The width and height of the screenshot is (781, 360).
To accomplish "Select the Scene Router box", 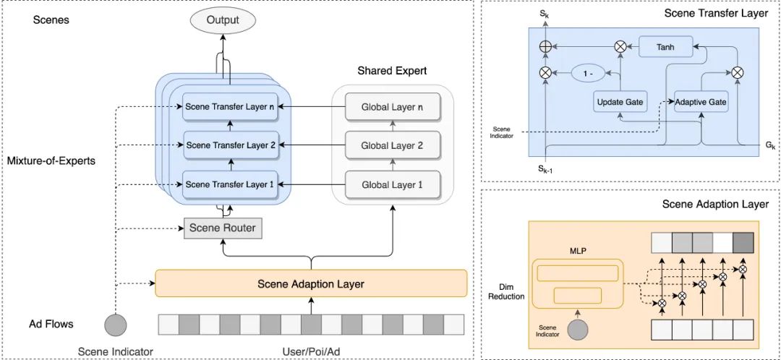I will click(x=222, y=228).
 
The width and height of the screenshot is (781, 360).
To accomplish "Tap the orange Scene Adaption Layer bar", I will click(x=311, y=283).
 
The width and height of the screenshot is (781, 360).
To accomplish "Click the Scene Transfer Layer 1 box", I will click(x=230, y=184).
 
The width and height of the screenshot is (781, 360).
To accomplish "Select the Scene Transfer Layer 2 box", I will click(x=230, y=145).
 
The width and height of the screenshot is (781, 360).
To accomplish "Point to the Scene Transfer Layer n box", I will click(x=230, y=107).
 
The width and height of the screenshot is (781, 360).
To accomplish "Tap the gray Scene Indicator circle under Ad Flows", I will click(x=116, y=324).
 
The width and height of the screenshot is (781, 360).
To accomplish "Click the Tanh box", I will click(x=666, y=47).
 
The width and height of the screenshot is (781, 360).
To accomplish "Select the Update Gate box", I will click(x=620, y=103).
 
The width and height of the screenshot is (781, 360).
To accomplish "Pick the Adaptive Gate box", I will click(x=701, y=103).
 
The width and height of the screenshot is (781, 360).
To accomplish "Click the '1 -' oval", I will click(x=588, y=72).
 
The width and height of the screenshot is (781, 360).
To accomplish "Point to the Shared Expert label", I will click(x=392, y=71).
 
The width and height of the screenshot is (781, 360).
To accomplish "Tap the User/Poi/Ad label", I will click(x=311, y=351).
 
